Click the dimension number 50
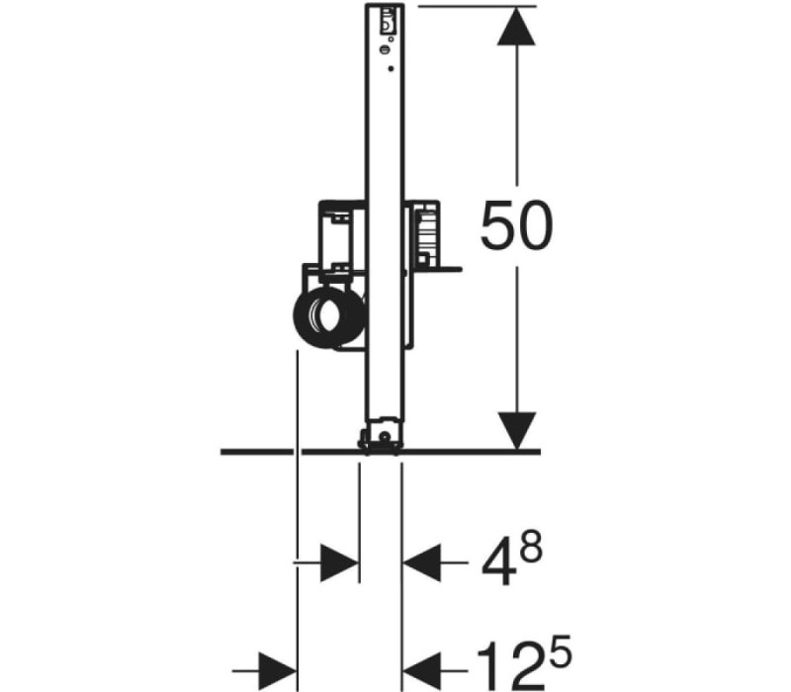pos(516,225)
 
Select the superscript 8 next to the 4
pos(532,547)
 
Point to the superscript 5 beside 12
pos(560,652)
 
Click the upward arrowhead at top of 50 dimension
pos(516,27)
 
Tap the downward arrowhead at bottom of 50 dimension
pos(516,430)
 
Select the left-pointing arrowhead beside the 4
pos(422,562)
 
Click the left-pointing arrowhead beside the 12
pos(422,671)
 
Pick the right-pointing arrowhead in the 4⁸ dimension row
pos(339,562)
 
